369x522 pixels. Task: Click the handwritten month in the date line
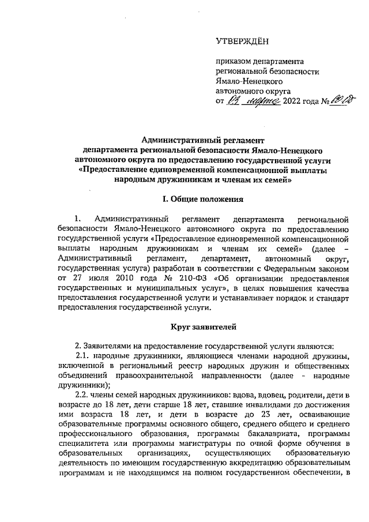tap(260, 102)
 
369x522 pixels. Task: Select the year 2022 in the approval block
tap(293, 102)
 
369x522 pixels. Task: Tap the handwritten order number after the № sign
tap(340, 101)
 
